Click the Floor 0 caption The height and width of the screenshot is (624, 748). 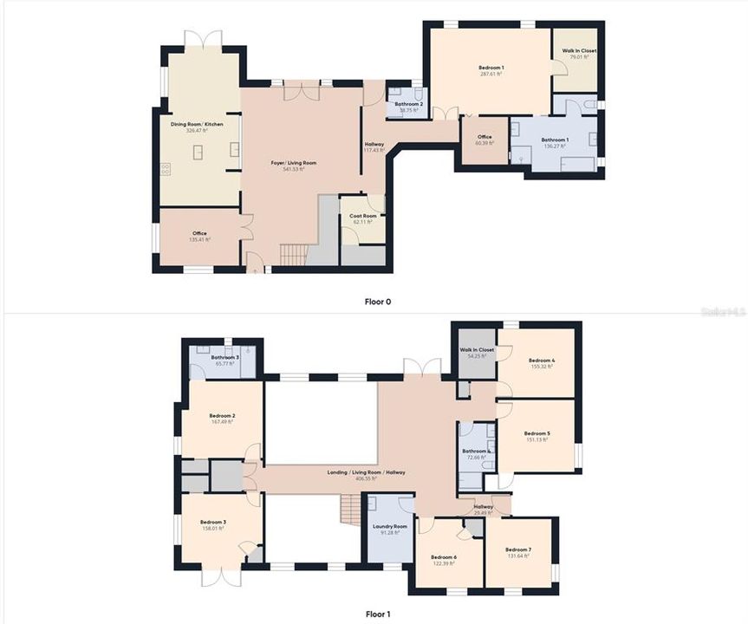pyautogui.click(x=377, y=302)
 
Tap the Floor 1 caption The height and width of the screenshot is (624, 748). pyautogui.click(x=377, y=614)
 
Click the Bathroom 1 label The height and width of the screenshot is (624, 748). pyautogui.click(x=555, y=142)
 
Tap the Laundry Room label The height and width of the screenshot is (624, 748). pyautogui.click(x=389, y=529)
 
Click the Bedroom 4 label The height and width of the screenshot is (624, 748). pyautogui.click(x=542, y=363)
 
